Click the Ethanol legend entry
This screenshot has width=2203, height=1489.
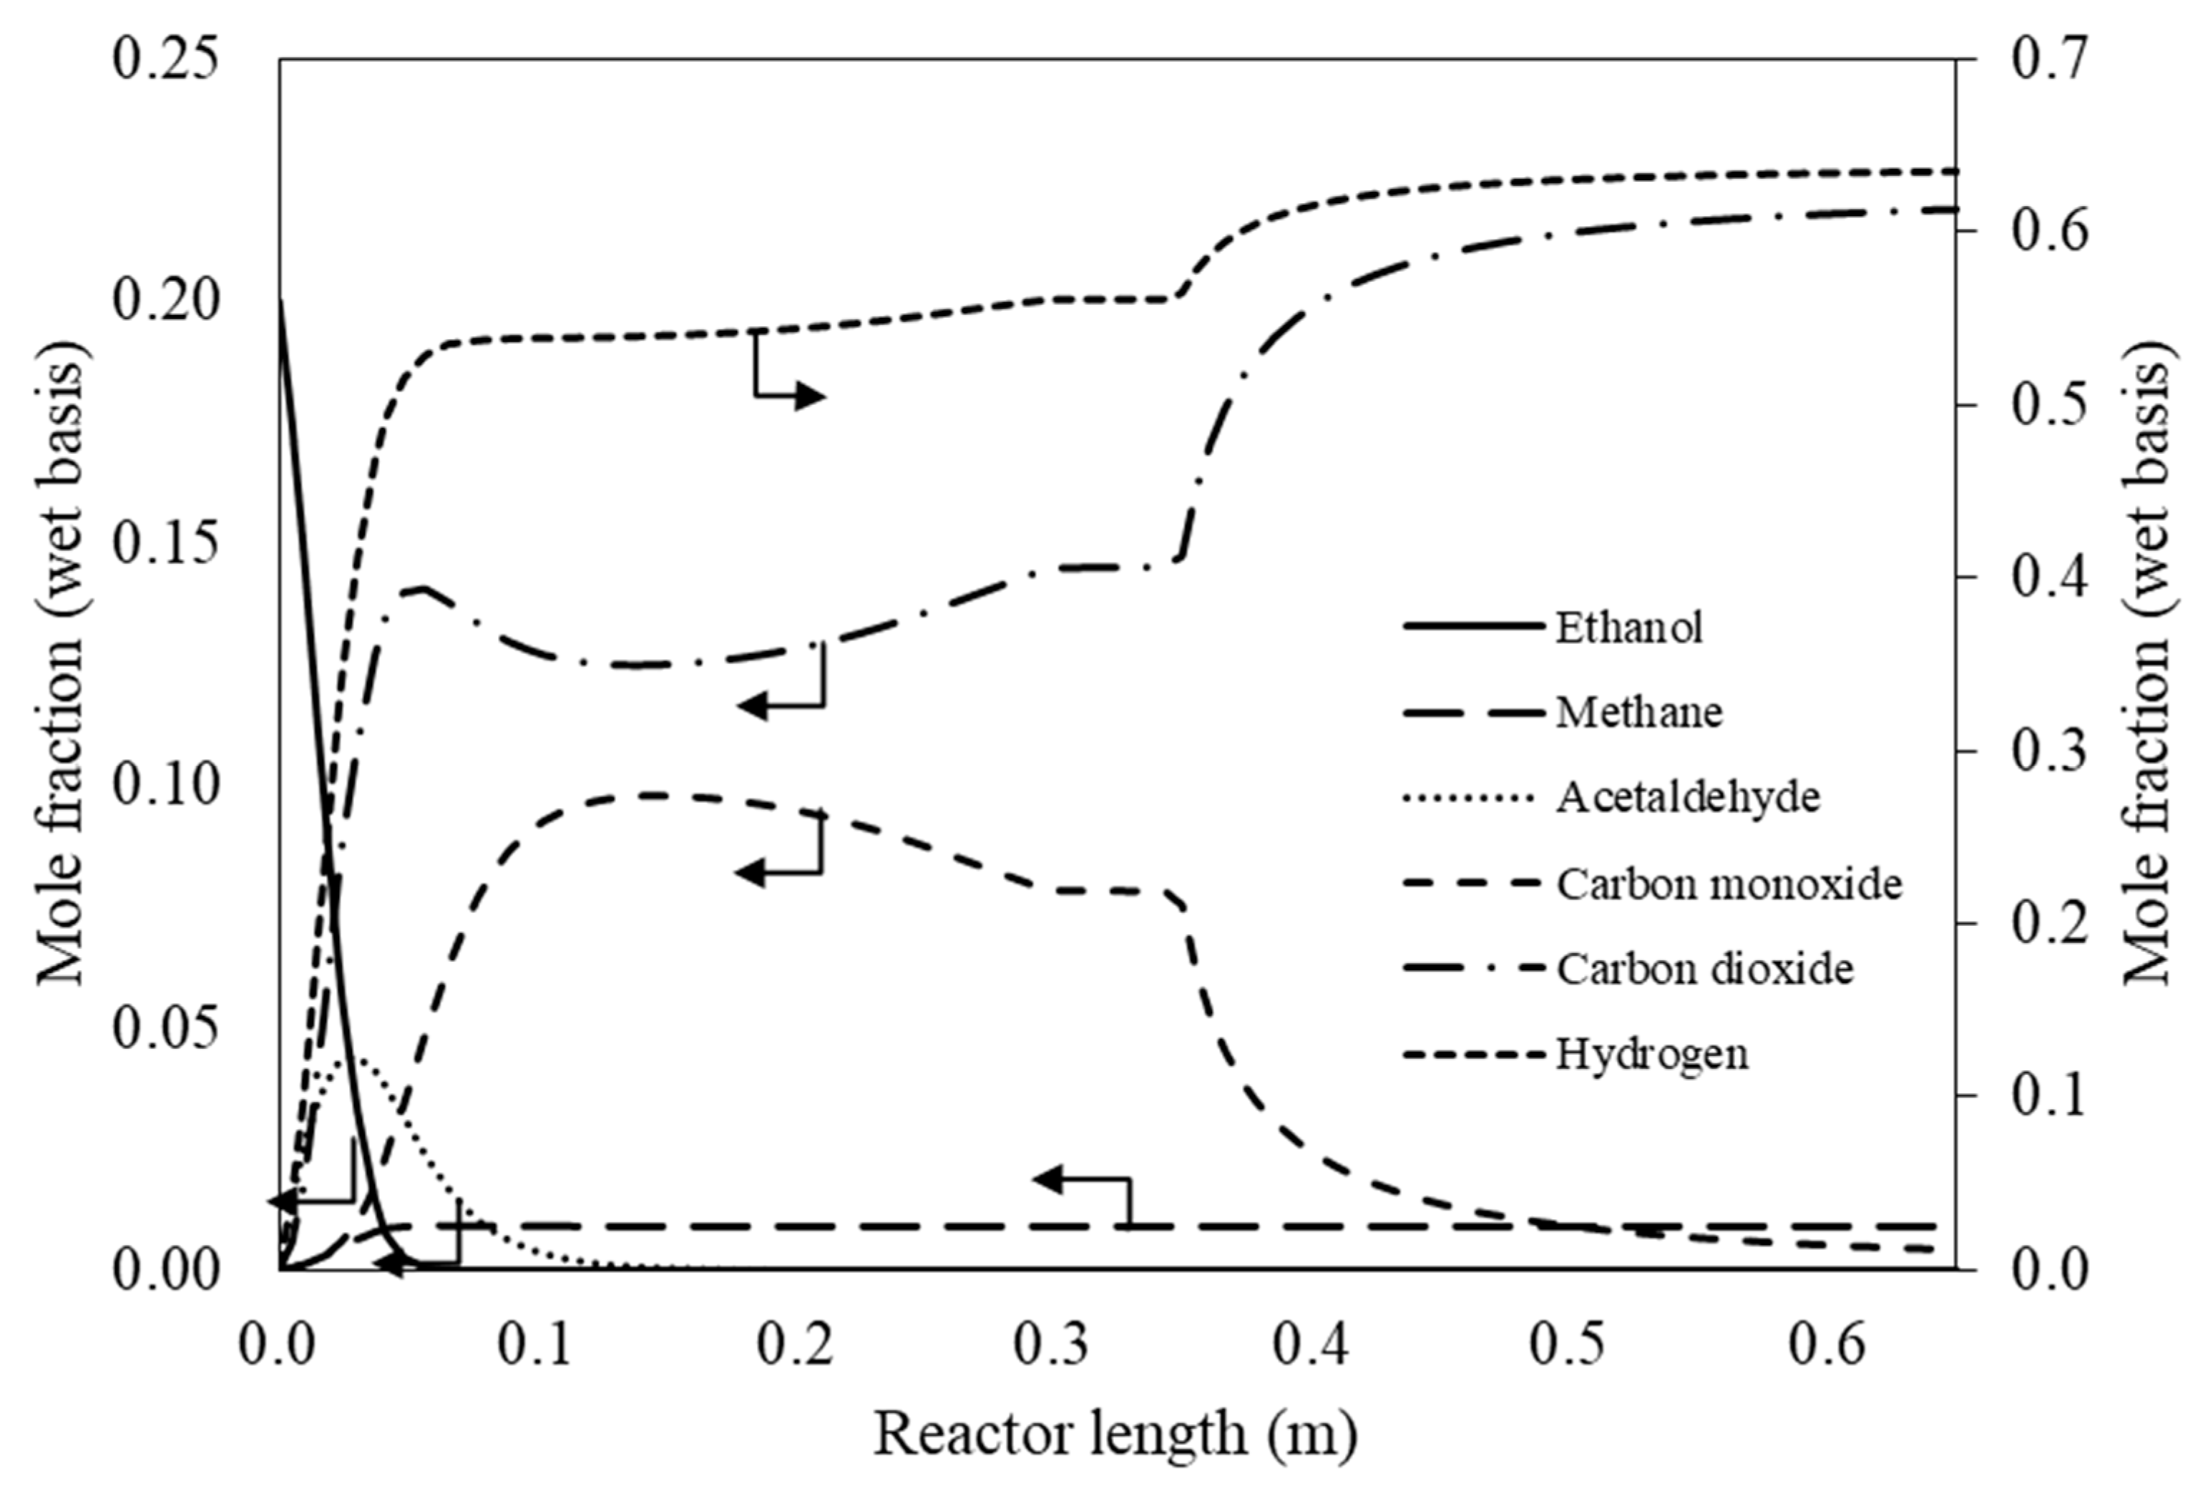coord(1628,628)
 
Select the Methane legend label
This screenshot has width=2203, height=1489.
coord(1638,712)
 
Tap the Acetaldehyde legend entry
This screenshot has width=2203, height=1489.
coord(1687,797)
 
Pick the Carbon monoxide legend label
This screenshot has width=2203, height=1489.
coord(1728,884)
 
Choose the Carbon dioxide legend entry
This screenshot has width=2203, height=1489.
coord(1704,969)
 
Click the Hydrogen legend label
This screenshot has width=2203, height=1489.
coord(1651,1054)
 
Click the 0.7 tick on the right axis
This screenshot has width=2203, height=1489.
coord(2048,59)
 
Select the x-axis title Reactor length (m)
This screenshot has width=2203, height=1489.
coord(1115,1433)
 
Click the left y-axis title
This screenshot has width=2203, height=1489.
coord(59,663)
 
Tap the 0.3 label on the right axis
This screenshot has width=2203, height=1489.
coord(2048,751)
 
